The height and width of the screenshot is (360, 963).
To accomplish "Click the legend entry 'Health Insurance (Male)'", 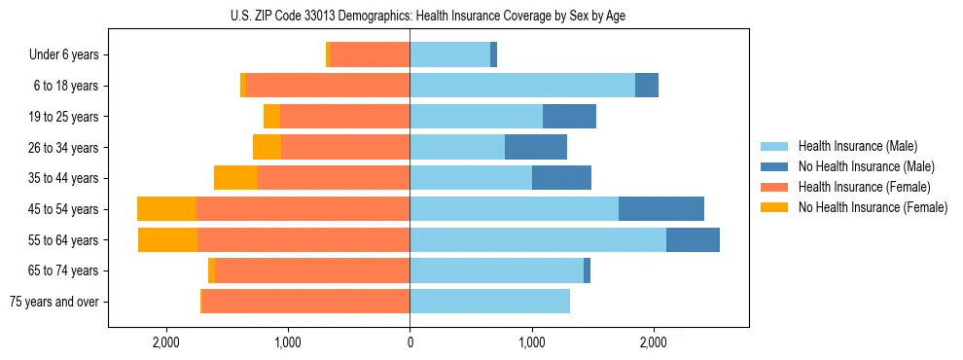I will (856, 146).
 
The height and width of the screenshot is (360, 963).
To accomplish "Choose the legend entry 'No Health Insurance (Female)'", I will (873, 207).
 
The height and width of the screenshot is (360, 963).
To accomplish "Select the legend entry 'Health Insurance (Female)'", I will (864, 187).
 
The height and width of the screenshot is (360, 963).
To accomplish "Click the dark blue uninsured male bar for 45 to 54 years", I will (660, 209).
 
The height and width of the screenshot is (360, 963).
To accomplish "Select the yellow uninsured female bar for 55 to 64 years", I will (167, 240).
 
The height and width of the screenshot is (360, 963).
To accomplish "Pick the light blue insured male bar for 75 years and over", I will (489, 302).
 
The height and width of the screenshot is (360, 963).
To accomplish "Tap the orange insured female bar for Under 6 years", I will (370, 55).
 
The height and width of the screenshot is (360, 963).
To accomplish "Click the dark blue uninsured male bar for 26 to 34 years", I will (535, 148).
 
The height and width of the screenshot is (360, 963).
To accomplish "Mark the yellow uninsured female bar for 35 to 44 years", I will (235, 178).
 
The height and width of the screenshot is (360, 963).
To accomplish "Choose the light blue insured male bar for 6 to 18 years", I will (522, 86).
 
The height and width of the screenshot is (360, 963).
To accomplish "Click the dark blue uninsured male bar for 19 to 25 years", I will (569, 117).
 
